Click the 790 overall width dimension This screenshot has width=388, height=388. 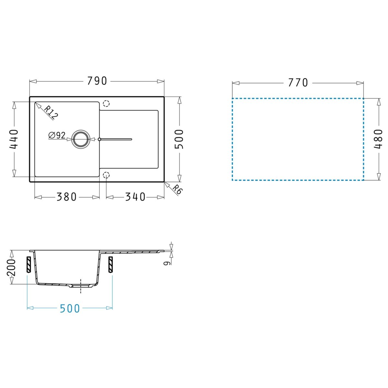[x=97, y=81]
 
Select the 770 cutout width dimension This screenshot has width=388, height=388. [x=298, y=82]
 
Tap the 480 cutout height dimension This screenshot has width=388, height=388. [x=378, y=139]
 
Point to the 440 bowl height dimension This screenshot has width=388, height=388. [x=14, y=139]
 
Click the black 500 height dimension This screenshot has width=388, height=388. [x=179, y=139]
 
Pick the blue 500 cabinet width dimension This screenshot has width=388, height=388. [x=70, y=308]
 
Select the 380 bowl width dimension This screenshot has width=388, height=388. [x=67, y=197]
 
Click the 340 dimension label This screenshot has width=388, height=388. [x=135, y=197]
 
